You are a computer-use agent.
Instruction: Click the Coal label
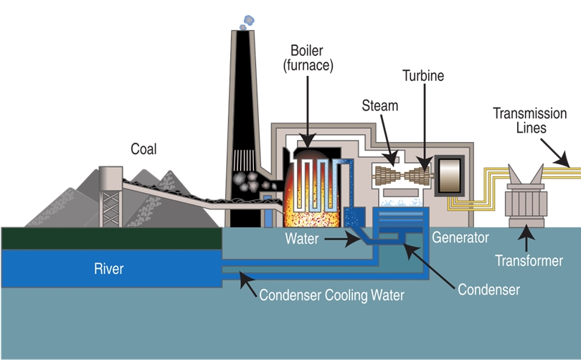tap(143, 149)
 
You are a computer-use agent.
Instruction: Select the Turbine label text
tap(422, 75)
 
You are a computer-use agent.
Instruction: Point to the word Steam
tap(379, 106)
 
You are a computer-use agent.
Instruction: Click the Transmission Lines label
tap(529, 120)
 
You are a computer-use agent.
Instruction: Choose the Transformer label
tap(529, 260)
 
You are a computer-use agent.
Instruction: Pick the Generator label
tap(460, 237)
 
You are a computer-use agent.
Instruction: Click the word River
tap(109, 269)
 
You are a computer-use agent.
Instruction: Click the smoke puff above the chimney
tap(247, 21)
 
